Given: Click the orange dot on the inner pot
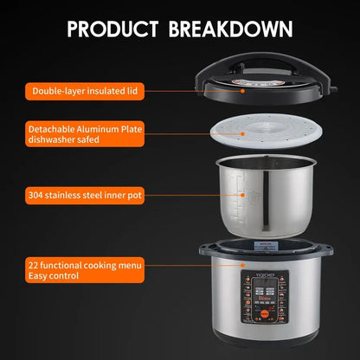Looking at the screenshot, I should pos(244,196).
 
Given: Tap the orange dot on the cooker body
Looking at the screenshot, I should pos(244,268).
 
